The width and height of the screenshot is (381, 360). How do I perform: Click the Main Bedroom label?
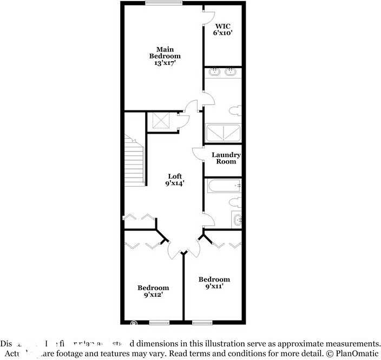165,52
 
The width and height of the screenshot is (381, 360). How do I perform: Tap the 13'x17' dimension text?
165,63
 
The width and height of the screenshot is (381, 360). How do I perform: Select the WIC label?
222,25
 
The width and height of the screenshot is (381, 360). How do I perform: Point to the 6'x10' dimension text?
223,32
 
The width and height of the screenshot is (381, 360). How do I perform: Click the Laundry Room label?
226,158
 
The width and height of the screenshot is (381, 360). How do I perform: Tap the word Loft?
174,176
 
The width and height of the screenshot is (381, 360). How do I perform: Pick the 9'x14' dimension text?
175,183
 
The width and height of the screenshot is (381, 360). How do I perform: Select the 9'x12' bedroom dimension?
153,295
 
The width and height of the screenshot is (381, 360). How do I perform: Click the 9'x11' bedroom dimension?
214,286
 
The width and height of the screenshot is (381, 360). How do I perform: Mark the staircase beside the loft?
134,161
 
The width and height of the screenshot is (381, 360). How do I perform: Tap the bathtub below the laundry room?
223,186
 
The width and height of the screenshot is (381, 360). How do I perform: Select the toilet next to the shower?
235,111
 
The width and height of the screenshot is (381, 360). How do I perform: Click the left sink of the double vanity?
214,71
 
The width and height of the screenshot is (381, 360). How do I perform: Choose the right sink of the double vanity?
231,71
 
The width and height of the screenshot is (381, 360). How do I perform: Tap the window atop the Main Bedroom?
163,3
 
